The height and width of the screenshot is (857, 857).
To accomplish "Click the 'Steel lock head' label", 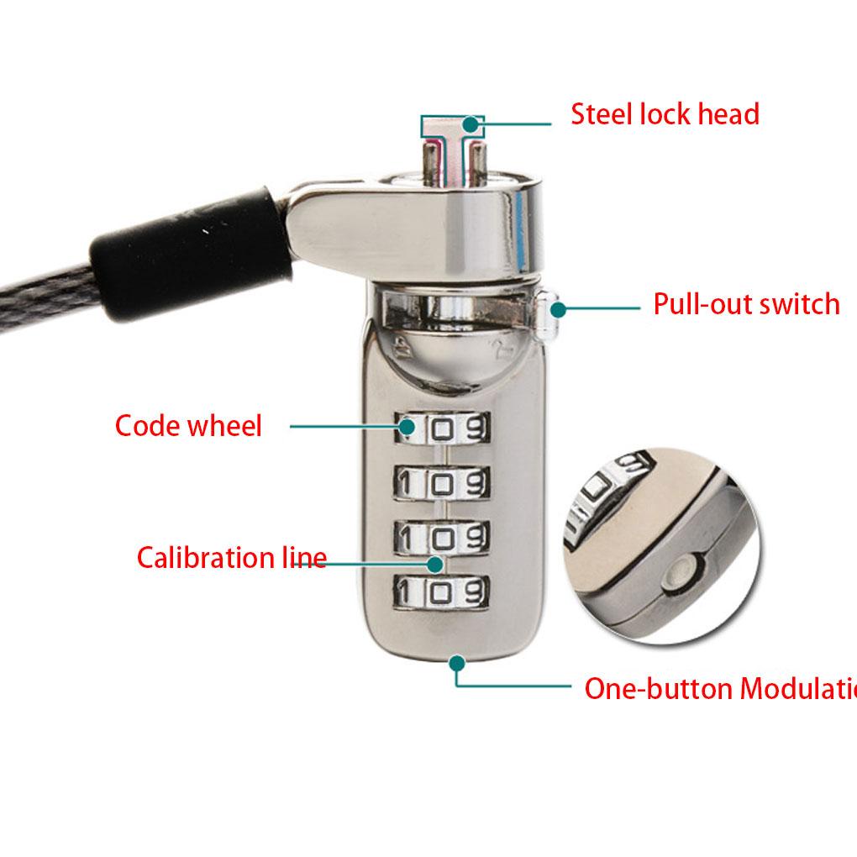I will point(665,113).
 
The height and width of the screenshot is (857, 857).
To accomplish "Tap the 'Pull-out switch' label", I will point(746,303).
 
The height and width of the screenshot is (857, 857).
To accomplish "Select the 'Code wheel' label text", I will point(188,425).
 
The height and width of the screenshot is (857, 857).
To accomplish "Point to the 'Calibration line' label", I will point(232,557).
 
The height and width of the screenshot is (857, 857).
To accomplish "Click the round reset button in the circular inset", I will point(677,574).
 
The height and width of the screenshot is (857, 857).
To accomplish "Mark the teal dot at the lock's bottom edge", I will point(456,662).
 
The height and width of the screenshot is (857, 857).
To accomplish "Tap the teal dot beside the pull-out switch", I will point(556,308).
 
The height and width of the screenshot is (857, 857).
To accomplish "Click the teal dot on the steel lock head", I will point(471,124).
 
